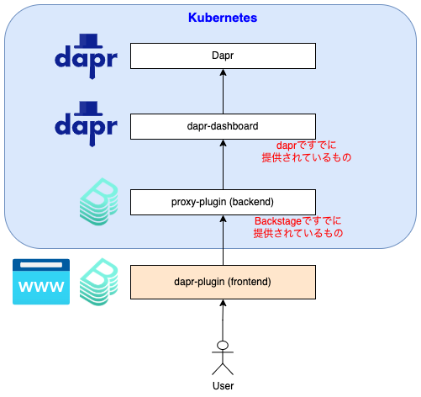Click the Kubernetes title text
pos(223,18)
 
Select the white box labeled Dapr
pos(223,56)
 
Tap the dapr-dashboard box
pos(223,126)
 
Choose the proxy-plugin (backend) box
pos(223,202)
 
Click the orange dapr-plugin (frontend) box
pos(223,282)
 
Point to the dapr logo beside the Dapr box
pos(86,56)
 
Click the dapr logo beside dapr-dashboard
pos(86,124)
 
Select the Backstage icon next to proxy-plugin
pos(98,202)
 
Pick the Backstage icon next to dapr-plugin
pos(98,282)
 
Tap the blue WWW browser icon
pos(41,282)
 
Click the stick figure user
pos(223,358)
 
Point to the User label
pos(223,386)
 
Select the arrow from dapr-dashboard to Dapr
pos(223,91)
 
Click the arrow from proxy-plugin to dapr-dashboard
pos(223,164)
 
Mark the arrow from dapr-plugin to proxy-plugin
pos(223,240)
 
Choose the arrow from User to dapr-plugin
pos(223,320)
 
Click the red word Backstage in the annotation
pos(278,221)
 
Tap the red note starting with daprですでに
pos(307,151)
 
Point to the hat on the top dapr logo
pos(88,41)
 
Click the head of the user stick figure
pos(223,345)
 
